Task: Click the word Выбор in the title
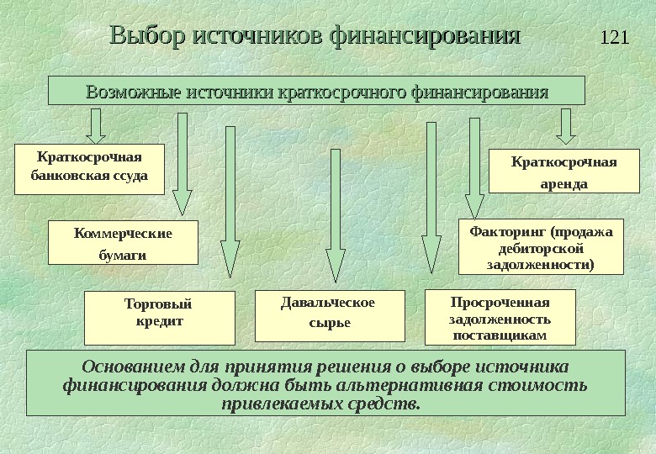[148, 37]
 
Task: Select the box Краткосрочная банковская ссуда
[89, 169]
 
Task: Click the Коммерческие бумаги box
[123, 242]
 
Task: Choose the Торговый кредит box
[160, 316]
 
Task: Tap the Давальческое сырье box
[329, 315]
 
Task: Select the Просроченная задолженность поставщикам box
[500, 318]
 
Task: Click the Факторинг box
[541, 247]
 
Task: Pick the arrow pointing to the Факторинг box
[475, 168]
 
